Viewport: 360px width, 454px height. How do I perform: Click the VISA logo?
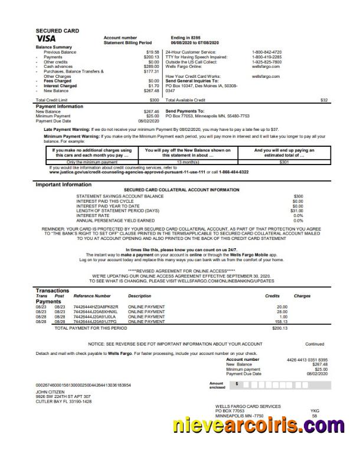click(x=47, y=38)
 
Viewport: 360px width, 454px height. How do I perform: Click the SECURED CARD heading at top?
click(x=57, y=30)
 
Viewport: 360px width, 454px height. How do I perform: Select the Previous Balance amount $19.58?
click(x=153, y=52)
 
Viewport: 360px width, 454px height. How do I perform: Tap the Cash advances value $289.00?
click(x=152, y=66)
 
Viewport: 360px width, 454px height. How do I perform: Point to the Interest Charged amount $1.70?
click(x=154, y=85)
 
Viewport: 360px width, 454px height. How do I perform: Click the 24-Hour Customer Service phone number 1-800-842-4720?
click(x=267, y=52)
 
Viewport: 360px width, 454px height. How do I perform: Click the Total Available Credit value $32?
click(x=323, y=100)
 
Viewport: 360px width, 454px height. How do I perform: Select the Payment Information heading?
click(x=60, y=106)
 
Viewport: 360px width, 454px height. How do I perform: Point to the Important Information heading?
click(x=64, y=185)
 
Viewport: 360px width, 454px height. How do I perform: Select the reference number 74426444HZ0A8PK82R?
click(x=96, y=307)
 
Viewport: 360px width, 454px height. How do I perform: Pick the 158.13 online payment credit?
click(x=280, y=322)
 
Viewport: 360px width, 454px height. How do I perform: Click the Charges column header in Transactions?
click(x=302, y=296)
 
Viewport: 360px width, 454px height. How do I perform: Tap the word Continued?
click(x=314, y=344)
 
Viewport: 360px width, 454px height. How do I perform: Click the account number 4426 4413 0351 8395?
click(x=307, y=359)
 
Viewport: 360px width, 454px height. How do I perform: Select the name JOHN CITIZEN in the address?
click(x=50, y=392)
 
